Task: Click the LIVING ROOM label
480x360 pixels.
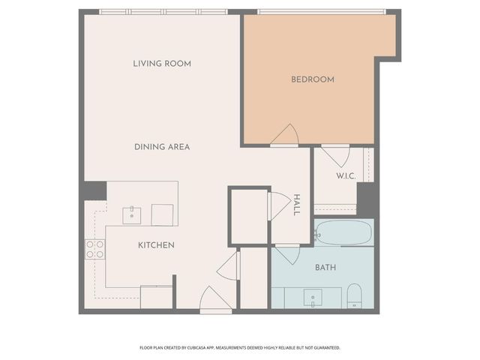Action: click(162, 64)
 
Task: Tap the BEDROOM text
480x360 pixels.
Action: click(313, 79)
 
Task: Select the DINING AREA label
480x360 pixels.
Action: click(162, 147)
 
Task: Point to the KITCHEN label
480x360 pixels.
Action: click(156, 245)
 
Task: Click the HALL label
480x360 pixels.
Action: click(297, 205)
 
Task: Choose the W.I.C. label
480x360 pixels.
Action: click(346, 176)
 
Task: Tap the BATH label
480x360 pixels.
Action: click(325, 267)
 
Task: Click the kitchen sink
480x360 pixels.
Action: click(133, 214)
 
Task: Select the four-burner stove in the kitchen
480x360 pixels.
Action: click(94, 249)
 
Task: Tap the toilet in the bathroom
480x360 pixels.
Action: click(355, 295)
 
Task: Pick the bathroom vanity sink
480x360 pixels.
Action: click(313, 298)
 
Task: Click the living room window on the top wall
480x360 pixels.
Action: click(163, 12)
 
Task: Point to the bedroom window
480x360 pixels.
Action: click(321, 12)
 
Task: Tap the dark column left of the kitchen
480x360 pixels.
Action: click(94, 191)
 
